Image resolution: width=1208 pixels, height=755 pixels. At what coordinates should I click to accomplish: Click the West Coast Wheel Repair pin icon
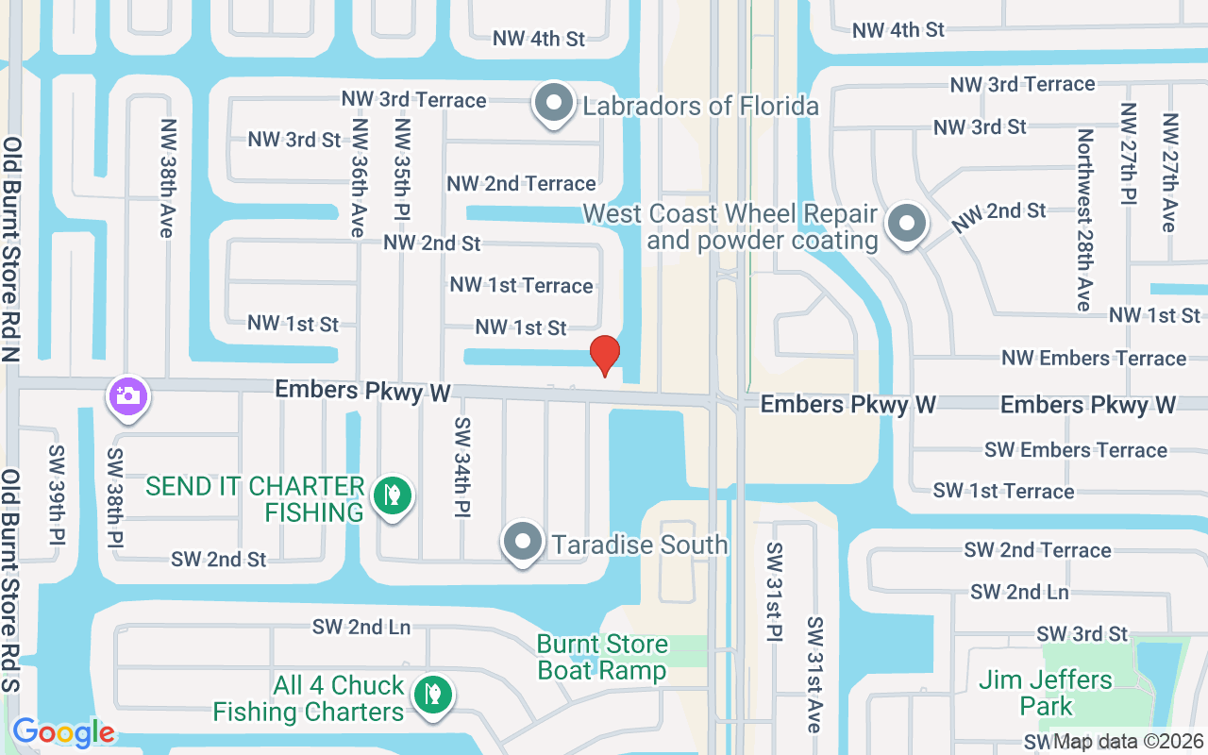pos(907,225)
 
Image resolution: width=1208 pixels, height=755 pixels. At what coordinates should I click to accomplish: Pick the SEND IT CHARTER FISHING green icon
pos(392,495)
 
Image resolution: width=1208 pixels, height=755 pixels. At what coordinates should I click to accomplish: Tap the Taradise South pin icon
pos(522,543)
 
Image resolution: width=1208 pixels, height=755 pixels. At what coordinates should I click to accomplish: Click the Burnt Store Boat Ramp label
pos(602,658)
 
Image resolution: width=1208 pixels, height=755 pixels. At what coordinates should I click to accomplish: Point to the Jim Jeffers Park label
pos(1045,693)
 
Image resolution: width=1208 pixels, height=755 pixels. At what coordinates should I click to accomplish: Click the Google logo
pos(63,732)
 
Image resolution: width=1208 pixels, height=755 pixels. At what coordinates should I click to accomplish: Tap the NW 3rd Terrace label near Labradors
pos(414,100)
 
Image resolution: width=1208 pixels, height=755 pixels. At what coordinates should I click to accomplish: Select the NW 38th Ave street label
pos(169,178)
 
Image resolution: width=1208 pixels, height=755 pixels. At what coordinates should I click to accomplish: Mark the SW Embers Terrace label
pos(1076,450)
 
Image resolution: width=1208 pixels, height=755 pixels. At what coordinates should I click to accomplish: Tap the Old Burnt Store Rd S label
pos(11,581)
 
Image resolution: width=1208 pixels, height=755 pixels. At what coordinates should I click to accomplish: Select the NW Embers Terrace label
pos(1094,358)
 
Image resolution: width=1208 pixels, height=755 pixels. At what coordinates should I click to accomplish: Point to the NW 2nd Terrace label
pos(521,183)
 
